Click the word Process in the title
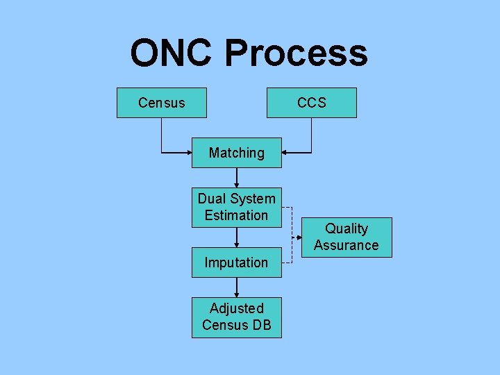click(x=296, y=53)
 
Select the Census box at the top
click(x=161, y=103)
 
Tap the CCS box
click(x=312, y=103)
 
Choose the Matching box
click(x=237, y=153)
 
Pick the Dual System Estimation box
click(x=237, y=207)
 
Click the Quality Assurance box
click(x=347, y=237)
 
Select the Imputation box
click(x=237, y=262)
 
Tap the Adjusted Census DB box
click(x=237, y=317)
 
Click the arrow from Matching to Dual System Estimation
click(x=237, y=178)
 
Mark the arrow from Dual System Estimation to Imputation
click(x=237, y=237)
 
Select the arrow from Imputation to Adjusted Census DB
click(x=237, y=287)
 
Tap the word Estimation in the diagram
click(x=236, y=215)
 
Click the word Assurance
click(x=347, y=245)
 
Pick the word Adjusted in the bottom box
click(x=237, y=308)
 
